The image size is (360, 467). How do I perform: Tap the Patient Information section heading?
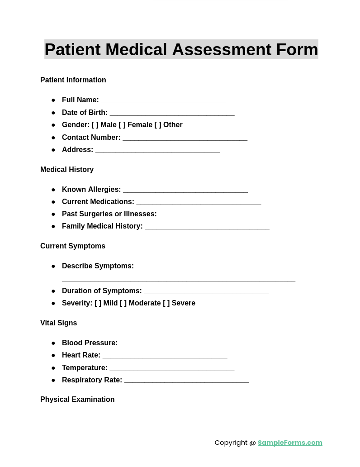tap(73, 80)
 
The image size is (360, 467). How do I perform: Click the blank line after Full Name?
tap(163, 101)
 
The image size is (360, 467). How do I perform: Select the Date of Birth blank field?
tap(172, 114)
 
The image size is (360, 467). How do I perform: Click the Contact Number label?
tap(91, 138)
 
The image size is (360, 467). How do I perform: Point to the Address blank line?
tap(157, 151)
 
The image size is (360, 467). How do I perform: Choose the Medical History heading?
tap(67, 170)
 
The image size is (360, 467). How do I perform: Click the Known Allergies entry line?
tap(185, 191)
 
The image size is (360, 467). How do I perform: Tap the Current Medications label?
tap(98, 202)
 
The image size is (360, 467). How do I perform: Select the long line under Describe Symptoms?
tap(179, 280)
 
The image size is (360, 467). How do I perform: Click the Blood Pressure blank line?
tap(182, 344)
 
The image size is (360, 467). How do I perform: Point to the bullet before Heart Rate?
tap(53, 356)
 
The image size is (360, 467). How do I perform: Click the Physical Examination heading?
tap(77, 400)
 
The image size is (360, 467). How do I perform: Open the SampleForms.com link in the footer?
tap(290, 443)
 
